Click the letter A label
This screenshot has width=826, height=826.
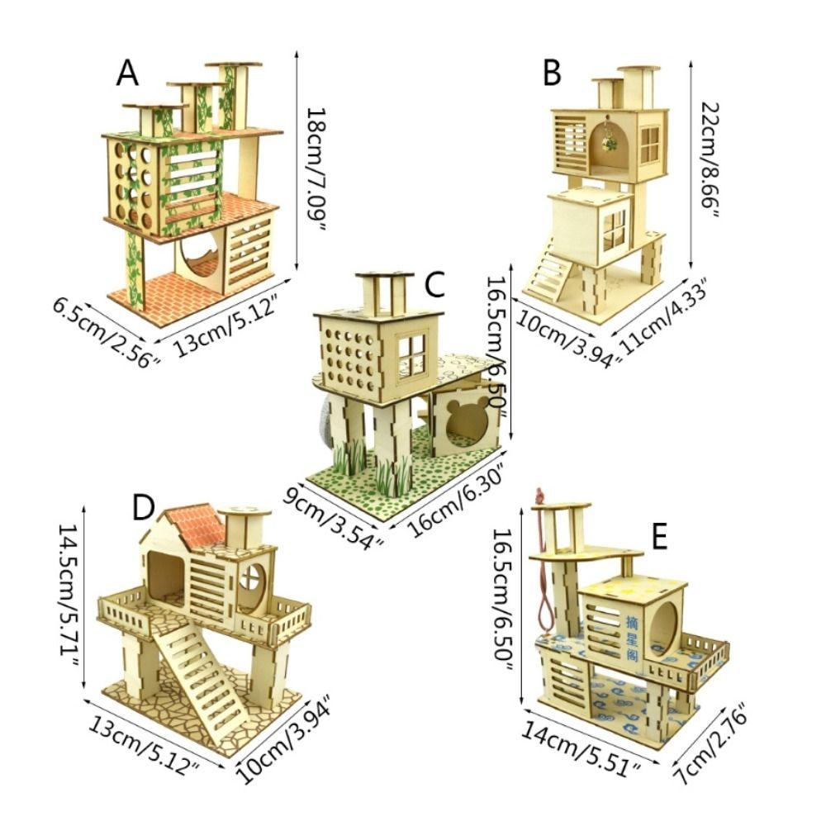[x=127, y=74]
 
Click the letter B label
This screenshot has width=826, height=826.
[x=552, y=74]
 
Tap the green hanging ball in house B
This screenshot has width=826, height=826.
[x=610, y=142]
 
